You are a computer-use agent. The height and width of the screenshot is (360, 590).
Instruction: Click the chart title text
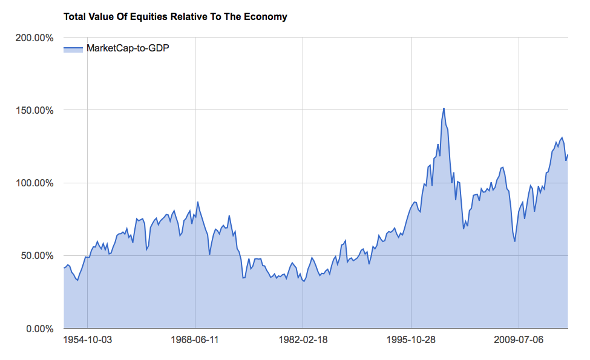pyautogui.click(x=175, y=17)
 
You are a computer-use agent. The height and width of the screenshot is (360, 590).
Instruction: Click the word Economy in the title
pyautogui.click(x=267, y=17)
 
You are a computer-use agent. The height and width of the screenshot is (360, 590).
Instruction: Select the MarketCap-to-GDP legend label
pyautogui.click(x=128, y=48)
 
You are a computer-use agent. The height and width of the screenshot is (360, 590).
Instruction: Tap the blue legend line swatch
pyautogui.click(x=73, y=48)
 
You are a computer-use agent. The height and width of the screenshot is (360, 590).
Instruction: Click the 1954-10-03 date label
pyautogui.click(x=88, y=339)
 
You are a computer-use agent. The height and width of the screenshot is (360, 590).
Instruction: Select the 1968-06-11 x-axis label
pyautogui.click(x=195, y=339)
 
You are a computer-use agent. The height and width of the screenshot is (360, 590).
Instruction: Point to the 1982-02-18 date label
pyautogui.click(x=303, y=339)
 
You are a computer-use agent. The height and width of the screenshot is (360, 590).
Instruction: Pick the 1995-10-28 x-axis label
pyautogui.click(x=411, y=339)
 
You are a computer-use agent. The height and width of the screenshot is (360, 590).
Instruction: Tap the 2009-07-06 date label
pyautogui.click(x=519, y=339)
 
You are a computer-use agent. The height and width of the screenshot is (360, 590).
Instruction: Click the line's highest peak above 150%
pyautogui.click(x=444, y=108)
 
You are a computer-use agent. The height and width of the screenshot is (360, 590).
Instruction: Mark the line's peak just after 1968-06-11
pyautogui.click(x=198, y=202)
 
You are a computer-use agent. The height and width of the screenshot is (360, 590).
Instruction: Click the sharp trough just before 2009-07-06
pyautogui.click(x=515, y=241)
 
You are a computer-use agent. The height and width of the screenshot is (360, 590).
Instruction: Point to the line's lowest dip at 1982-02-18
pyautogui.click(x=303, y=281)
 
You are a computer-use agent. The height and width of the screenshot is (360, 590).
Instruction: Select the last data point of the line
pyautogui.click(x=568, y=155)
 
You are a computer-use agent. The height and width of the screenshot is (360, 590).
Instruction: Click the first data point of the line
pyautogui.click(x=64, y=267)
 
